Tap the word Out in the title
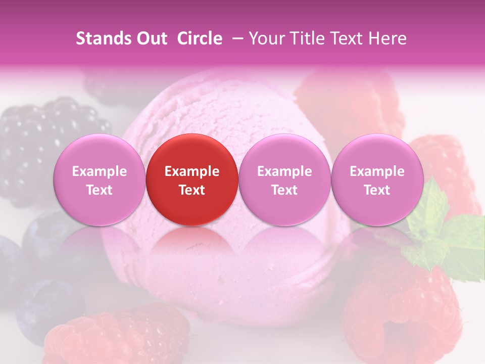pos(150,38)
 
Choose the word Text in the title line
pos(348,38)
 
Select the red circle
pos(192,180)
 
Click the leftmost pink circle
pos(99,180)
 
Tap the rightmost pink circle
pos(377,180)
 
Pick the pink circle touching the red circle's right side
pos(284,180)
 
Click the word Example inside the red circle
pos(192,171)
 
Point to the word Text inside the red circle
pos(192,190)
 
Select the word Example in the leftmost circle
pos(99,171)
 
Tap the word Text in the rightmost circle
pos(377,190)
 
